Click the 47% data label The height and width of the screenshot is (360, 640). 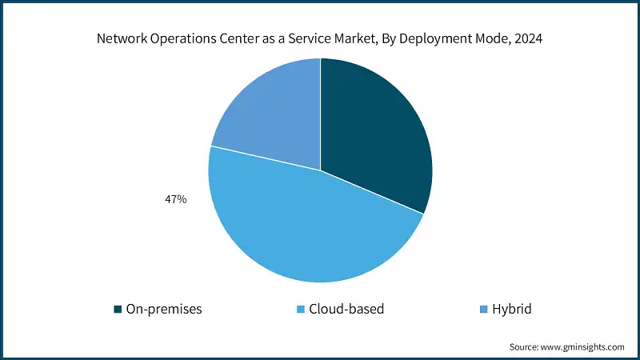coord(175,199)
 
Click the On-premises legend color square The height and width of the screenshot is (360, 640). coord(118,309)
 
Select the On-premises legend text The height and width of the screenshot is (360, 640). coord(164,309)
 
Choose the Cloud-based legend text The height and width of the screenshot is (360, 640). coord(346,309)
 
